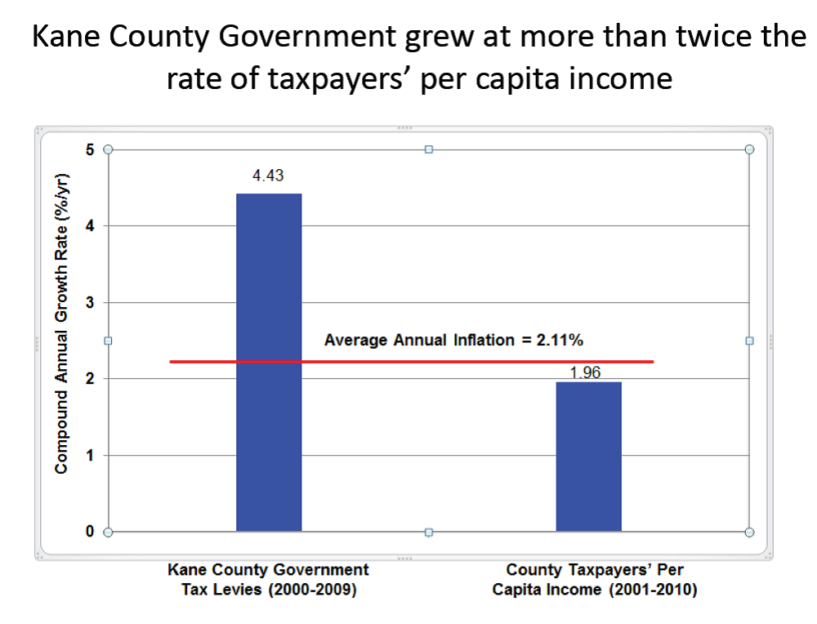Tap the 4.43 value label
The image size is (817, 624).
click(x=268, y=176)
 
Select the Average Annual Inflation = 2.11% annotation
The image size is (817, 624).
click(x=453, y=339)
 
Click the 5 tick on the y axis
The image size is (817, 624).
click(x=90, y=149)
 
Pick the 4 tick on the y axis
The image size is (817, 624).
click(x=90, y=226)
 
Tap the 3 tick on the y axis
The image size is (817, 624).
click(x=90, y=303)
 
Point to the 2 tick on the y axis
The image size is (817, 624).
click(x=90, y=379)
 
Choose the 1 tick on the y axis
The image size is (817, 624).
click(x=90, y=456)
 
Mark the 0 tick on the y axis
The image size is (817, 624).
click(x=90, y=532)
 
